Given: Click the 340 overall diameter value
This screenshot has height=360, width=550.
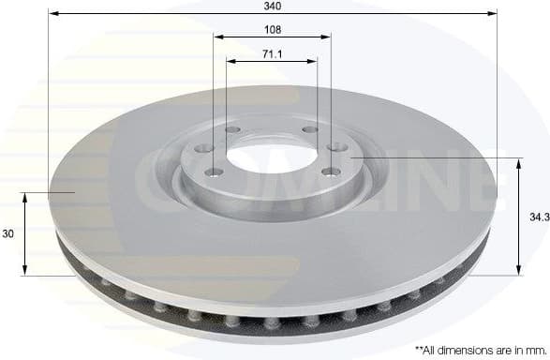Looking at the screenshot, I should [x=273, y=6].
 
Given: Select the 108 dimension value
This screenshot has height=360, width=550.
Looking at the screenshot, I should [x=273, y=29].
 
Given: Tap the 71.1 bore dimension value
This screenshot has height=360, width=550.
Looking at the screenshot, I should [x=273, y=54].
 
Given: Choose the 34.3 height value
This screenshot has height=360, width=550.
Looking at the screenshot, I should [x=537, y=216].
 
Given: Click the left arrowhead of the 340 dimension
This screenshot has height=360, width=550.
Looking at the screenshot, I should [x=52, y=14].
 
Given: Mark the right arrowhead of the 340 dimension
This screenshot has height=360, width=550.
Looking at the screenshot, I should [x=492, y=14].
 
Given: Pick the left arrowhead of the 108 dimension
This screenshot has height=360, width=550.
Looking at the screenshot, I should [x=217, y=37].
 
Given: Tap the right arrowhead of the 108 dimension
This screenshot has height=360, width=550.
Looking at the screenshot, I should [x=327, y=37].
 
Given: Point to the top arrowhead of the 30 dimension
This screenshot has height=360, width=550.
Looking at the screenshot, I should [x=26, y=195].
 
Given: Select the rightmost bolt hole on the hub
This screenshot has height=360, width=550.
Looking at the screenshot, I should [x=336, y=145].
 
